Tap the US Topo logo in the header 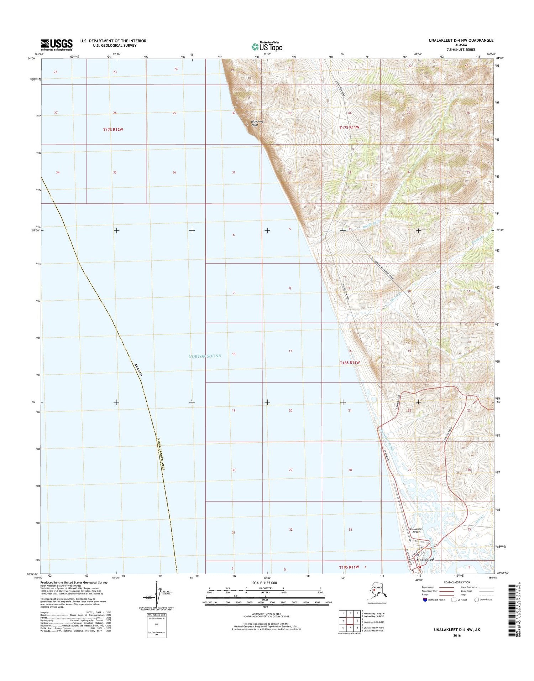(267, 47)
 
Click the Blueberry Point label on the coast (257, 123)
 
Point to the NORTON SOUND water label (205, 356)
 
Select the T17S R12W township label (113, 130)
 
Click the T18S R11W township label (350, 363)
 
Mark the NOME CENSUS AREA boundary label (161, 454)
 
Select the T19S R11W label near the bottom (349, 567)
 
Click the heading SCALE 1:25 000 (265, 583)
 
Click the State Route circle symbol (476, 599)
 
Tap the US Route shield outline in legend (454, 599)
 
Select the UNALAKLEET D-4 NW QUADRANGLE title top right (461, 40)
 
